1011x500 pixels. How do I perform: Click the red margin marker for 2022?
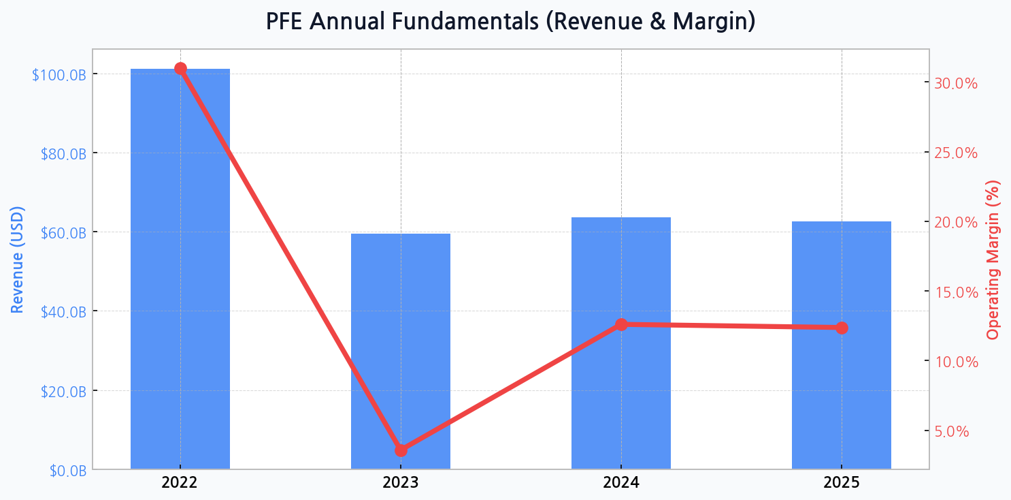click(180, 68)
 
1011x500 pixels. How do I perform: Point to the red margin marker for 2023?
click(401, 450)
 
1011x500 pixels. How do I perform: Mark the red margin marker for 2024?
click(621, 325)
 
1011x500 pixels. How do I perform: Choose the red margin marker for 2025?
click(842, 328)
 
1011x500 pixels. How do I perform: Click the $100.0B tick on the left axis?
click(59, 74)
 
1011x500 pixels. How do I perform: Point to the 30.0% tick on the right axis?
click(956, 84)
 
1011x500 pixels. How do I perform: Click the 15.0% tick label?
click(956, 292)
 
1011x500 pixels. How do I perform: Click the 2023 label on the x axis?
click(401, 484)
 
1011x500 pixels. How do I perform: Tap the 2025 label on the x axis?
click(842, 484)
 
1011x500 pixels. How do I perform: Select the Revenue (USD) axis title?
click(17, 259)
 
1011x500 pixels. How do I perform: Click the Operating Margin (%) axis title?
click(993, 259)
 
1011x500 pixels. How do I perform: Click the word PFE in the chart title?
click(285, 21)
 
